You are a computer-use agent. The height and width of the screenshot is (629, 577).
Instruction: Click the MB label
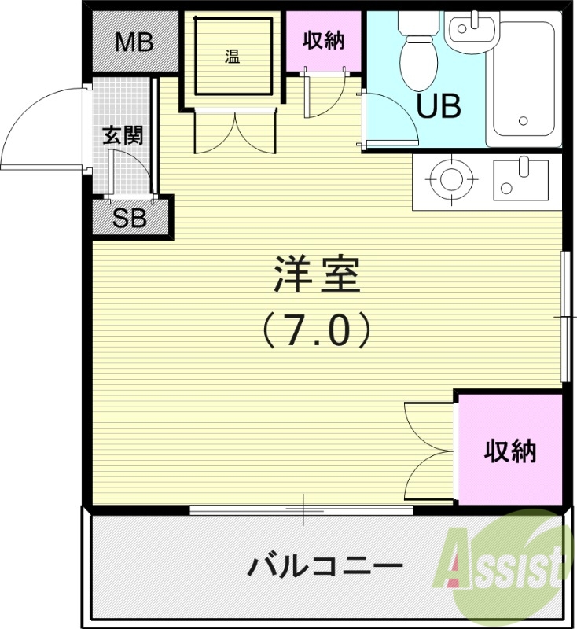(134, 42)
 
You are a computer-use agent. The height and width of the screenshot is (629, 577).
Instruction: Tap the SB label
(130, 219)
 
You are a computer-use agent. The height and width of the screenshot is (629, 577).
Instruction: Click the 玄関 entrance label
(123, 136)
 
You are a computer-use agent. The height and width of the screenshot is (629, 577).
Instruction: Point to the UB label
(438, 106)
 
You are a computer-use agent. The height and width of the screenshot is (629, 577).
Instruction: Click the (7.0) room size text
(316, 331)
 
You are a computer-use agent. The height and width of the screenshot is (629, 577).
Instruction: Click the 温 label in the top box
(232, 57)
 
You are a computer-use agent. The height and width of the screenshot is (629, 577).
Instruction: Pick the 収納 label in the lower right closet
(509, 451)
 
